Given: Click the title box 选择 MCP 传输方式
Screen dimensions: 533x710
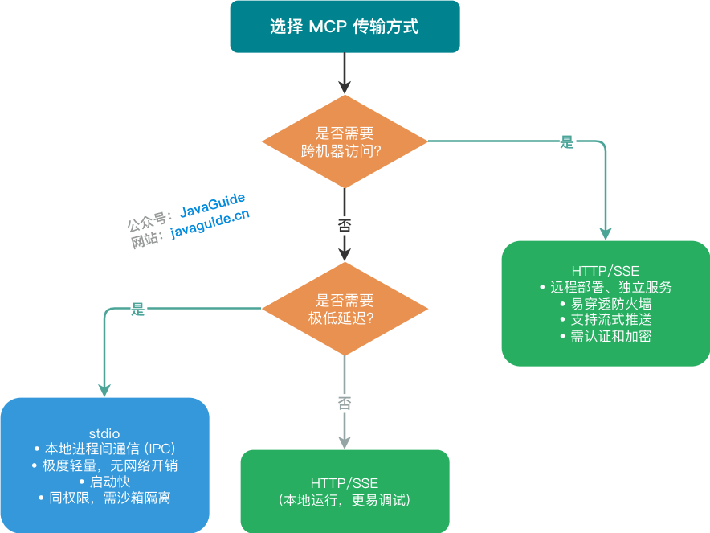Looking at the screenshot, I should pyautogui.click(x=345, y=27).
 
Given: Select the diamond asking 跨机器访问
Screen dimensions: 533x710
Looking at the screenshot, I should pyautogui.click(x=345, y=141).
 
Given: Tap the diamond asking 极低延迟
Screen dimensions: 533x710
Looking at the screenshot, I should pyautogui.click(x=345, y=309).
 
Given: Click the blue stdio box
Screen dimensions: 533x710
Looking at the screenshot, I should pyautogui.click(x=104, y=465).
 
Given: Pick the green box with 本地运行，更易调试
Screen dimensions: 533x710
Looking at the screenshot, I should pyautogui.click(x=345, y=491).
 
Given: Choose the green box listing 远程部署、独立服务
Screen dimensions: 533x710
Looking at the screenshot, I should pyautogui.click(x=606, y=303).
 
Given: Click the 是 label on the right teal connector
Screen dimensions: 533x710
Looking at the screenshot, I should pyautogui.click(x=567, y=142).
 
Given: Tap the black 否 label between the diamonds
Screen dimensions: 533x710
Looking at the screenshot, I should pyautogui.click(x=345, y=225).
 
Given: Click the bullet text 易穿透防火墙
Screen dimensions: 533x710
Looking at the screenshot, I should pyautogui.click(x=610, y=304).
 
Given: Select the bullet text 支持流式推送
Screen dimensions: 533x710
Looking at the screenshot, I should pyautogui.click(x=610, y=320).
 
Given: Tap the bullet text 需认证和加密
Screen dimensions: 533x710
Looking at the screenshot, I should pyautogui.click(x=610, y=336).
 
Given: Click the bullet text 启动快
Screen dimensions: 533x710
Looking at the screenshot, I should pyautogui.click(x=108, y=482).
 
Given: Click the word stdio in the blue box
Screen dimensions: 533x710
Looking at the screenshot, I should pyautogui.click(x=104, y=433).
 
